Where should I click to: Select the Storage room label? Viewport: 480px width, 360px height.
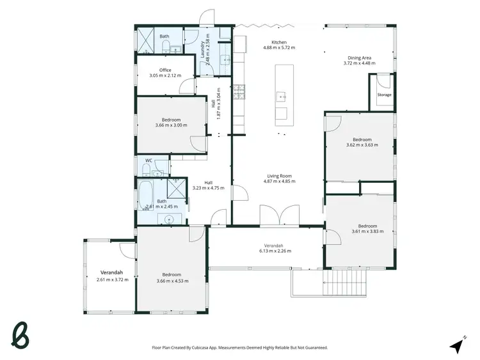pos(384,95)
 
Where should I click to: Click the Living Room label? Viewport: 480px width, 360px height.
pos(279,176)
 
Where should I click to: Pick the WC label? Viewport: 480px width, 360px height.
pos(148,160)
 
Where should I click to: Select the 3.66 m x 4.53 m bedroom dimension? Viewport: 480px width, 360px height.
pos(172,280)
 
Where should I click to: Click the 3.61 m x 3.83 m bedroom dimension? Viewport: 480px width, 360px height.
pos(367,231)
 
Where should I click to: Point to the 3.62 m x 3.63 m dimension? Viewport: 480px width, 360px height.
pos(362,145)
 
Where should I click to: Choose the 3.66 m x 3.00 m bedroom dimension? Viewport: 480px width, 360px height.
pos(172,125)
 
